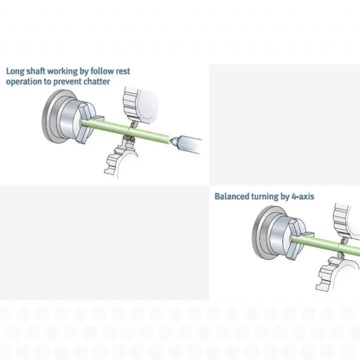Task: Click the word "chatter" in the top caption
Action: click(x=97, y=82)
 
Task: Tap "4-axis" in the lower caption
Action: click(x=302, y=196)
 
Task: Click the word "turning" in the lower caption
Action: click(x=265, y=196)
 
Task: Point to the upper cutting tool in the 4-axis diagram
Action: click(x=344, y=240)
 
